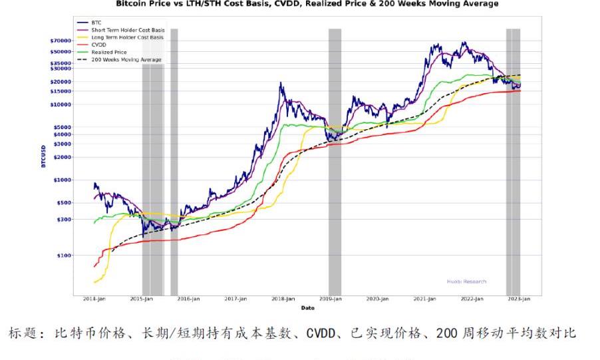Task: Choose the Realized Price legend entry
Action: tap(109, 52)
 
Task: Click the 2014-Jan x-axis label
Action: tap(94, 299)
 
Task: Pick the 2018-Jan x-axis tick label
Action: tap(285, 299)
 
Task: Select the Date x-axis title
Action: tap(307, 307)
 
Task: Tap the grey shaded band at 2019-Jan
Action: tap(335, 160)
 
